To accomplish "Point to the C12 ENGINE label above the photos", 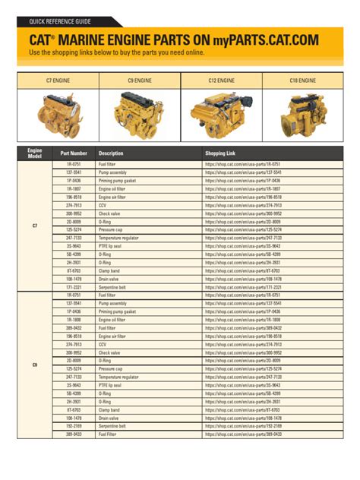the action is pyautogui.click(x=221, y=80).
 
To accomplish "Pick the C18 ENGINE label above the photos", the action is pyautogui.click(x=302, y=80).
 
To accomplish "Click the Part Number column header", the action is pyautogui.click(x=74, y=153).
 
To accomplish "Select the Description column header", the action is pyautogui.click(x=111, y=153).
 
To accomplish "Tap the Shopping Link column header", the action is pyautogui.click(x=221, y=153).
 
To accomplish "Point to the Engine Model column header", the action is pyautogui.click(x=35, y=153).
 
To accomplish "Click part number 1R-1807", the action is pyautogui.click(x=73, y=188).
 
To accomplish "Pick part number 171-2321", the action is pyautogui.click(x=73, y=287).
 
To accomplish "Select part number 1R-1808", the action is pyautogui.click(x=73, y=320).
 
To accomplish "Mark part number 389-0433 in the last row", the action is pyautogui.click(x=73, y=434).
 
